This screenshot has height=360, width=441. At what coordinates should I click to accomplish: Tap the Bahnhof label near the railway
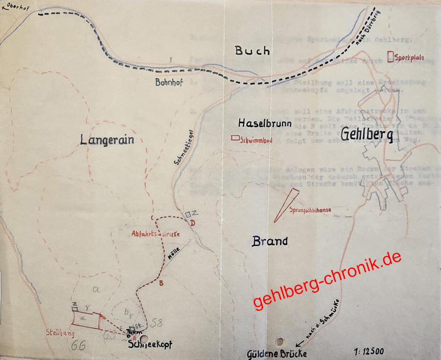[169, 83]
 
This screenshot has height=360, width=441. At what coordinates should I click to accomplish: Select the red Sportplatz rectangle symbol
[391, 57]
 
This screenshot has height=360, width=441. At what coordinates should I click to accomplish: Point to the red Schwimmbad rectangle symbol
[235, 139]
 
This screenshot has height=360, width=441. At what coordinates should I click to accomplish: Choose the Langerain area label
[107, 140]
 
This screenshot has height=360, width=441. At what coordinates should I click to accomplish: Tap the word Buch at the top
[252, 51]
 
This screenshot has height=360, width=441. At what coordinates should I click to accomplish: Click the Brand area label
[269, 241]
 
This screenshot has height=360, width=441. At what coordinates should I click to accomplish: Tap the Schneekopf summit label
[150, 345]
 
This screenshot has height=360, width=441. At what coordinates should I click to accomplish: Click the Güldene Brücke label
[277, 353]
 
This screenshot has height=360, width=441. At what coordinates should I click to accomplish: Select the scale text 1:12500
[368, 352]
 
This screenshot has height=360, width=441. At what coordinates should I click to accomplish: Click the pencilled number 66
[78, 345]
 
